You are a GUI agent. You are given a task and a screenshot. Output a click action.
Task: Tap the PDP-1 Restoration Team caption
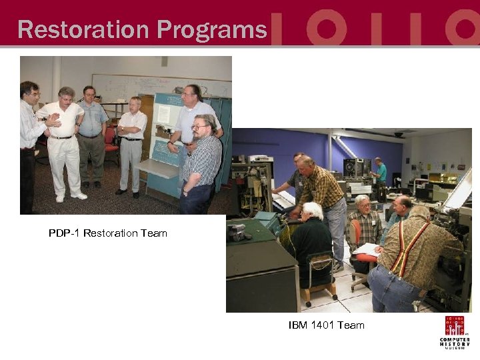[107, 233]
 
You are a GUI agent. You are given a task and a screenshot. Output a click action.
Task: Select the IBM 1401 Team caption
[326, 325]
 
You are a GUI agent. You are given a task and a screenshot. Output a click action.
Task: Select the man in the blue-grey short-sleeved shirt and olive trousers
[91, 133]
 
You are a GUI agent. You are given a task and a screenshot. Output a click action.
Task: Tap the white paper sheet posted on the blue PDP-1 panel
[162, 114]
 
